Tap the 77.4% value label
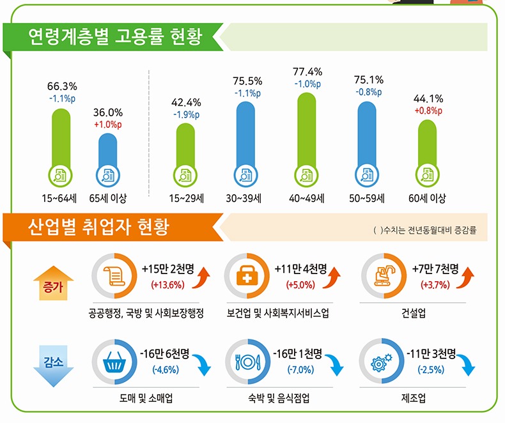coord(307,72)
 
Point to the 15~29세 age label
coord(186,198)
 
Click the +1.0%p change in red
coord(107,124)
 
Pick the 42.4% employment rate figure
coord(186,102)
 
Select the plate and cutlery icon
coord(248,363)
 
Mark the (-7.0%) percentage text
coord(300,370)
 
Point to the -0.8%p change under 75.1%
coord(369,92)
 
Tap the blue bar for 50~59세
coord(369,141)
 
